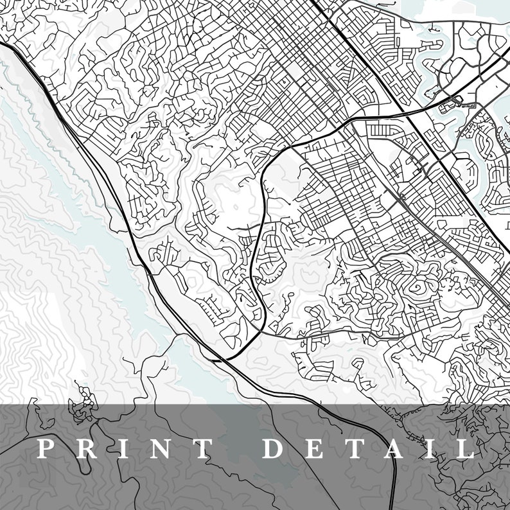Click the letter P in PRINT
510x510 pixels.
[x=44, y=448]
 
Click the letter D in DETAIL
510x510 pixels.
[x=274, y=448]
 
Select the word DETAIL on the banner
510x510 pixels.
[x=369, y=448]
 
